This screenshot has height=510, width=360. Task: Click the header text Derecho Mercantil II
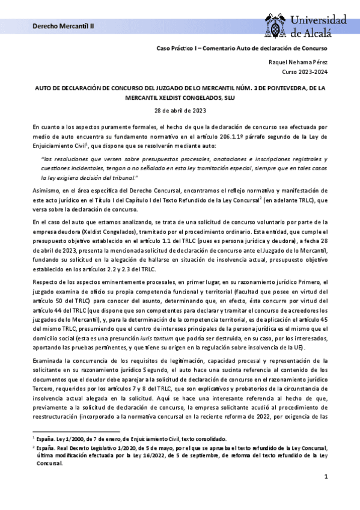(x=58, y=27)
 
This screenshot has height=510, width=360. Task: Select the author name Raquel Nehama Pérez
(x=297, y=62)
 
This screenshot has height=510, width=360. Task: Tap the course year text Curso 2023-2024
(x=305, y=72)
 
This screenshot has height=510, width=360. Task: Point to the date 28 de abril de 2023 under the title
(x=180, y=110)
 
